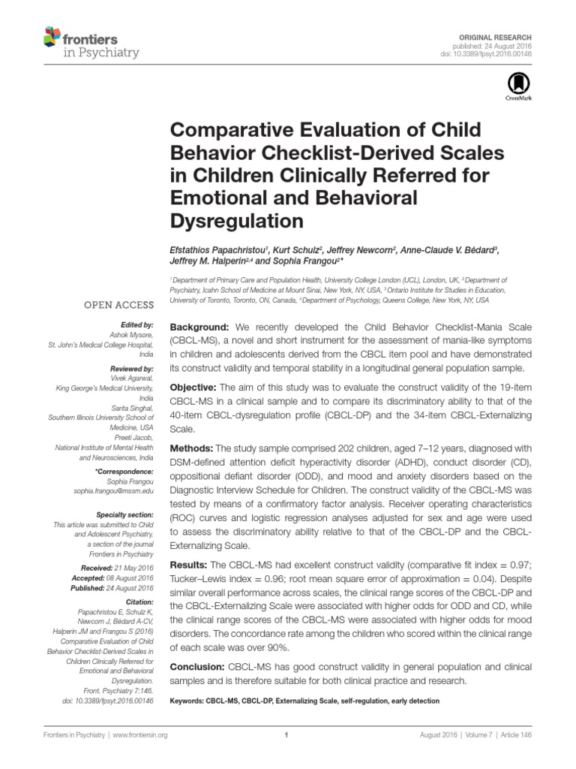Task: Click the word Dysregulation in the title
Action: tap(238, 221)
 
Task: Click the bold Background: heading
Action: tap(199, 328)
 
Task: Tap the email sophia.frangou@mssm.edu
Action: tap(117, 490)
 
